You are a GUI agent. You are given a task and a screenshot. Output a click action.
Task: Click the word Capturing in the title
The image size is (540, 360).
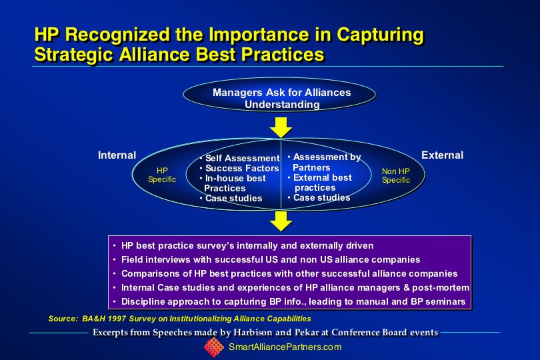(x=380, y=35)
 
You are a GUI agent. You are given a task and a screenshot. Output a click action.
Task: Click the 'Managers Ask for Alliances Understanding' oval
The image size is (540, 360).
(x=279, y=95)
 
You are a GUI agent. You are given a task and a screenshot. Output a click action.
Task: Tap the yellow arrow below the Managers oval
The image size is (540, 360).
(x=281, y=127)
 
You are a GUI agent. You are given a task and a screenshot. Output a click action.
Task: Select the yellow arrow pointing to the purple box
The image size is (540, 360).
(x=281, y=221)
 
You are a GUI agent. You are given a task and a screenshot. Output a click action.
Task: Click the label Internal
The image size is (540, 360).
(x=117, y=155)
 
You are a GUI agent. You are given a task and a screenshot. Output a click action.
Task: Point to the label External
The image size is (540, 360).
(x=442, y=155)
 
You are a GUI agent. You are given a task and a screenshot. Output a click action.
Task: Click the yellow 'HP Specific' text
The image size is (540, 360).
(x=162, y=175)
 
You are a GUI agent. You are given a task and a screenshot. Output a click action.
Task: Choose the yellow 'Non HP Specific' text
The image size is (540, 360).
(x=396, y=176)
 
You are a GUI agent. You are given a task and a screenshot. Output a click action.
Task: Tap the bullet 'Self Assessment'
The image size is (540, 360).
(x=240, y=158)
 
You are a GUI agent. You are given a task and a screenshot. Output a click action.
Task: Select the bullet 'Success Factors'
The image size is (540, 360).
(x=239, y=168)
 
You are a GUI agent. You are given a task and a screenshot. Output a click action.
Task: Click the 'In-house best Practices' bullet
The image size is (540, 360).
(x=233, y=183)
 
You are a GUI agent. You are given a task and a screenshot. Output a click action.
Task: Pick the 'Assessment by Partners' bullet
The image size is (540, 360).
(x=325, y=162)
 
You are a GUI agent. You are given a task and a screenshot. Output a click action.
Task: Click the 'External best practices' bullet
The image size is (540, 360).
(x=320, y=183)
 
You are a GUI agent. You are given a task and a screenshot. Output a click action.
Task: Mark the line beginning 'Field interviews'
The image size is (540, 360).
(x=267, y=259)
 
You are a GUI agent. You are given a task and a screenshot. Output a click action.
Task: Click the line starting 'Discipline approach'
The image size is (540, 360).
(x=289, y=301)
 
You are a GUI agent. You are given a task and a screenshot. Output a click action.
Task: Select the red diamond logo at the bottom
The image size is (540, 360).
(x=214, y=347)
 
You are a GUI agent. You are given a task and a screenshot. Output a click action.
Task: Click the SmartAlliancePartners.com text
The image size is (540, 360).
(x=285, y=347)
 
